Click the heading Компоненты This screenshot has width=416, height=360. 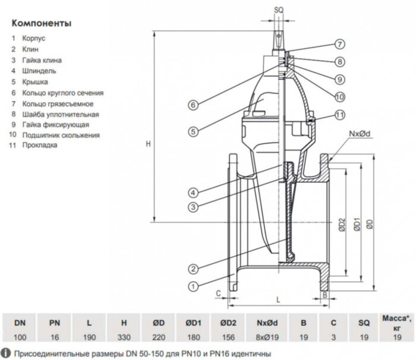pyautogui.click(x=41, y=24)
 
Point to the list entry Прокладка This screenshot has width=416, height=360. pyautogui.click(x=40, y=146)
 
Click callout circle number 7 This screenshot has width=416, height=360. pyautogui.click(x=339, y=44)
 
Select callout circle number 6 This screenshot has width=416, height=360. pyautogui.click(x=193, y=105)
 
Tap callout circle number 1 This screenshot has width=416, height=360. pyautogui.click(x=193, y=286)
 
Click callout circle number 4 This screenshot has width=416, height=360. pyautogui.click(x=193, y=192)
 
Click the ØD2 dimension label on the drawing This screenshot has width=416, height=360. pyautogui.click(x=341, y=224)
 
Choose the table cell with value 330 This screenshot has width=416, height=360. pyautogui.click(x=124, y=336)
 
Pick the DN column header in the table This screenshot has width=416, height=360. pyautogui.click(x=20, y=323)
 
